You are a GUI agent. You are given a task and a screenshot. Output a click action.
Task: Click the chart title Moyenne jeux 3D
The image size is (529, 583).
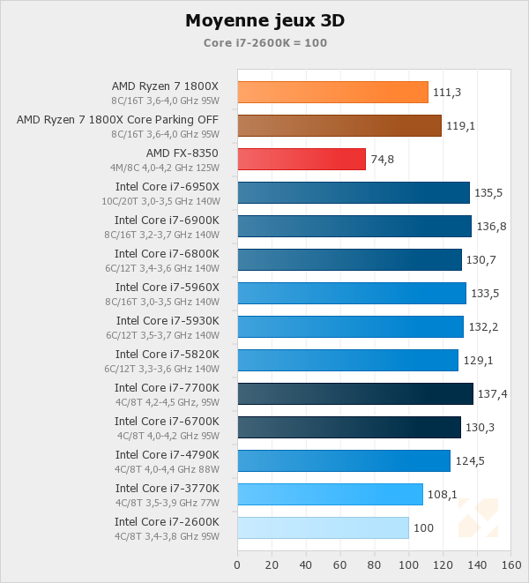(264, 20)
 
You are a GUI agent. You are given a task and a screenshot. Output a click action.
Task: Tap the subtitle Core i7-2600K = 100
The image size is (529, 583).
(265, 42)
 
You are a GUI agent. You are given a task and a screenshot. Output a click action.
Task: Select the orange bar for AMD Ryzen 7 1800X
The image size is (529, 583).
(332, 92)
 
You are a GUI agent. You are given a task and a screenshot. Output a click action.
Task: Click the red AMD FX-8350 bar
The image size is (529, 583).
(302, 159)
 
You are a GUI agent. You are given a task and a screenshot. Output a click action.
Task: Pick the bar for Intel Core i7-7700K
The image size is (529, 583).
(355, 393)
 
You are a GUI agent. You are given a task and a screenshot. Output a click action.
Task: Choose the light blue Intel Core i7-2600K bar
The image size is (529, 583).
(323, 527)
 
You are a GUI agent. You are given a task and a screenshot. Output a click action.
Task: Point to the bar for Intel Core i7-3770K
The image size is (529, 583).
(330, 494)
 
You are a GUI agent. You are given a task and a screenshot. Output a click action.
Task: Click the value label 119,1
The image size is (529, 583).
(460, 126)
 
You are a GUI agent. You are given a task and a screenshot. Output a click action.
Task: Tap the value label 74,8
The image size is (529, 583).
(382, 160)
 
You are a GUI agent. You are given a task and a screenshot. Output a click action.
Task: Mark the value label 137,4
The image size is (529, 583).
(492, 394)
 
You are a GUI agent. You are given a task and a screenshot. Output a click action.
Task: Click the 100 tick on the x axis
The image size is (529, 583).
(409, 564)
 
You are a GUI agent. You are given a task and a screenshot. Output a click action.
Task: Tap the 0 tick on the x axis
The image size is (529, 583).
(237, 564)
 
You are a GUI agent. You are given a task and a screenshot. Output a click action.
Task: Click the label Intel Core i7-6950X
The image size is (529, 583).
(167, 186)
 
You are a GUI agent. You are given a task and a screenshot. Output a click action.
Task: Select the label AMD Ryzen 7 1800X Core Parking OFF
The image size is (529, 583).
(117, 119)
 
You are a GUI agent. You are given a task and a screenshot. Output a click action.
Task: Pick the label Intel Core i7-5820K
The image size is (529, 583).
(167, 354)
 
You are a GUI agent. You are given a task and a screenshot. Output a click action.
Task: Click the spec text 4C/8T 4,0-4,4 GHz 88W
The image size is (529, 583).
(168, 469)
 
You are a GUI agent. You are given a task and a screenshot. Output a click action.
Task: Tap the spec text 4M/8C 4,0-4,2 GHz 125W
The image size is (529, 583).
(165, 168)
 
